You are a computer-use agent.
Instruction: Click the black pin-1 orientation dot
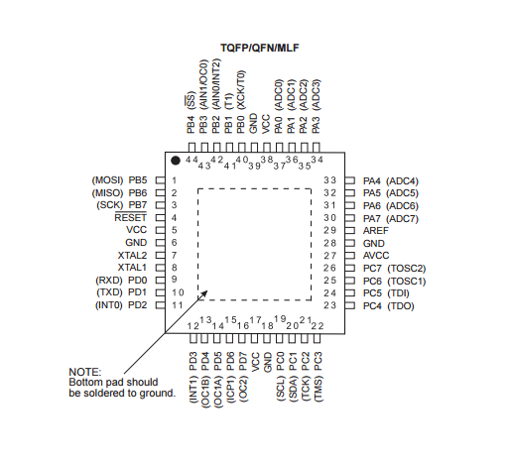point(176,161)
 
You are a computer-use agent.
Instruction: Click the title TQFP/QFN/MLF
point(260,48)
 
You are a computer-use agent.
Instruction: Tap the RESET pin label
point(130,218)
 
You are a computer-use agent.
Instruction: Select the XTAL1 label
point(132,268)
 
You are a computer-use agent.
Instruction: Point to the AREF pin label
point(376,231)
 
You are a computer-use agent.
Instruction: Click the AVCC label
point(376,256)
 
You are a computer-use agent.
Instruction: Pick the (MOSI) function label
point(107,180)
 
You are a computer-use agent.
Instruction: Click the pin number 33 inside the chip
point(329,180)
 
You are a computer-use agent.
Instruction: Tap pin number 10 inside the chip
point(178,292)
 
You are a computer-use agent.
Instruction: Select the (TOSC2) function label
point(407,269)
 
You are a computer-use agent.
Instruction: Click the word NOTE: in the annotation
point(85,372)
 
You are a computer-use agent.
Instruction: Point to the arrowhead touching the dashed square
point(203,294)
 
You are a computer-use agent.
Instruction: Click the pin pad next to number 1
point(161,180)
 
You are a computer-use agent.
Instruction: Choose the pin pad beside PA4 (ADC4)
point(350,180)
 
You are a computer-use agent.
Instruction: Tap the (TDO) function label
point(401,306)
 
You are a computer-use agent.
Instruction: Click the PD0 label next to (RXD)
point(137,281)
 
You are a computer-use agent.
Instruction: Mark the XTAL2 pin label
point(132,256)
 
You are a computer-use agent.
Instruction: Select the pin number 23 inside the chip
point(329,305)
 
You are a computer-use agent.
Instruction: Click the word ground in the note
point(157,394)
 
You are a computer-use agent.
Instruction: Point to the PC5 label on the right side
point(372,293)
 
